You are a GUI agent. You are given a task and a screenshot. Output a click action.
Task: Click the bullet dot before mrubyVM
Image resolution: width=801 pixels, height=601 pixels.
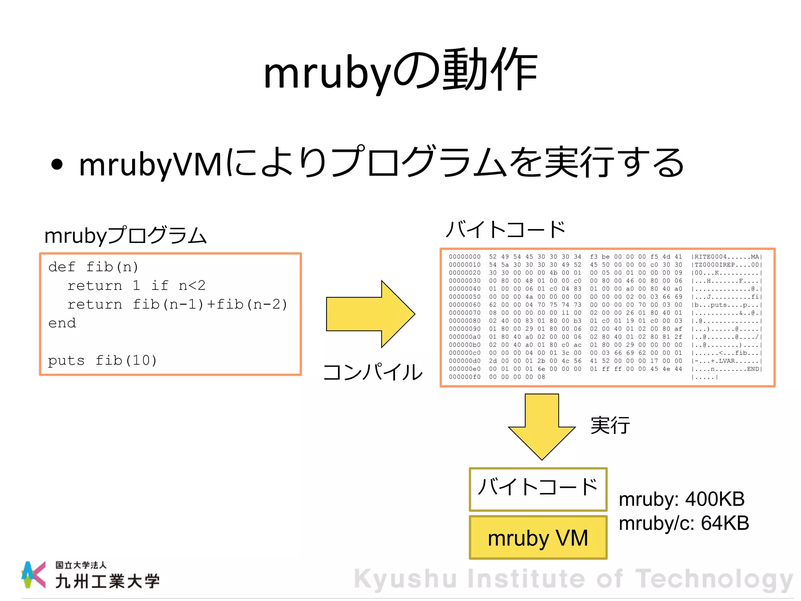click(x=57, y=164)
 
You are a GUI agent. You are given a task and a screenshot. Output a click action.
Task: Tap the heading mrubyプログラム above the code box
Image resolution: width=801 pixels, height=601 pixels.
click(x=125, y=236)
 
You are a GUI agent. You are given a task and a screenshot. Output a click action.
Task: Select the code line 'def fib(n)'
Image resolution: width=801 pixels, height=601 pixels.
click(x=93, y=267)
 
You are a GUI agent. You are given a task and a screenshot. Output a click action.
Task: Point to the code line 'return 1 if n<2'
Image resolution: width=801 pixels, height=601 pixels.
click(x=136, y=286)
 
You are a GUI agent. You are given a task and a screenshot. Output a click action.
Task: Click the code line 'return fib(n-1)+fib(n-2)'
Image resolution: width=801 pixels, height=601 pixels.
click(x=177, y=304)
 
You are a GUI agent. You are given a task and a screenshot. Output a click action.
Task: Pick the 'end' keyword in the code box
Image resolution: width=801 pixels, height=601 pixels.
click(x=62, y=323)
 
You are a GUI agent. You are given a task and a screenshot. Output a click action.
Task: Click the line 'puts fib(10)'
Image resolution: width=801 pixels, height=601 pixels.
click(x=102, y=360)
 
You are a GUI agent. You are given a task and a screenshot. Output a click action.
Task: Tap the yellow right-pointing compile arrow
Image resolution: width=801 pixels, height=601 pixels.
click(x=370, y=314)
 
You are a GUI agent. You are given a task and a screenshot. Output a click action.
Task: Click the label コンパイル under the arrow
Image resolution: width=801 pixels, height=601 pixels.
click(x=373, y=372)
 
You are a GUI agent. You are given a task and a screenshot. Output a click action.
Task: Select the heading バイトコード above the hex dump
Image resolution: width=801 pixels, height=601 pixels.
click(x=506, y=229)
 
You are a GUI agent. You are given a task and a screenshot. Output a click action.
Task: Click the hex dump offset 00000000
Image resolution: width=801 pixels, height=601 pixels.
click(x=465, y=257)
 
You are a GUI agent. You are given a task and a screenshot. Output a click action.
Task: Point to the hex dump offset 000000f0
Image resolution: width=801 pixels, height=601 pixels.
click(x=465, y=377)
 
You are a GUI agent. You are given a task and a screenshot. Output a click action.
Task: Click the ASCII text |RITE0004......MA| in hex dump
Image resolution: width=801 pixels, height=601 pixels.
click(x=727, y=257)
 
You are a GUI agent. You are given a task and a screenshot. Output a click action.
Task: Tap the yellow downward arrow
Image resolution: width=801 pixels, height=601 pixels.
click(x=542, y=426)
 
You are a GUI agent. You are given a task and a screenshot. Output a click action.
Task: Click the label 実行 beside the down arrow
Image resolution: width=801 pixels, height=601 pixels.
click(x=610, y=425)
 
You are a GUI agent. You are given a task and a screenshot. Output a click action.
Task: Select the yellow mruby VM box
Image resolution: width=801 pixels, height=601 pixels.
click(x=538, y=538)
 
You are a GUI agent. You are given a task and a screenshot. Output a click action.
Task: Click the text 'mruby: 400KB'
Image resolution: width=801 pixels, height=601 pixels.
click(x=682, y=499)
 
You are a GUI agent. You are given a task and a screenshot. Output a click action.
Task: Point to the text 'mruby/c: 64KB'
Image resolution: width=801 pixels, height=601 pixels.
click(x=684, y=523)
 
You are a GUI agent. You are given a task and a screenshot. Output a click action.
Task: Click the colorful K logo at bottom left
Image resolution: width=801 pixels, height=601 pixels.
click(x=34, y=575)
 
